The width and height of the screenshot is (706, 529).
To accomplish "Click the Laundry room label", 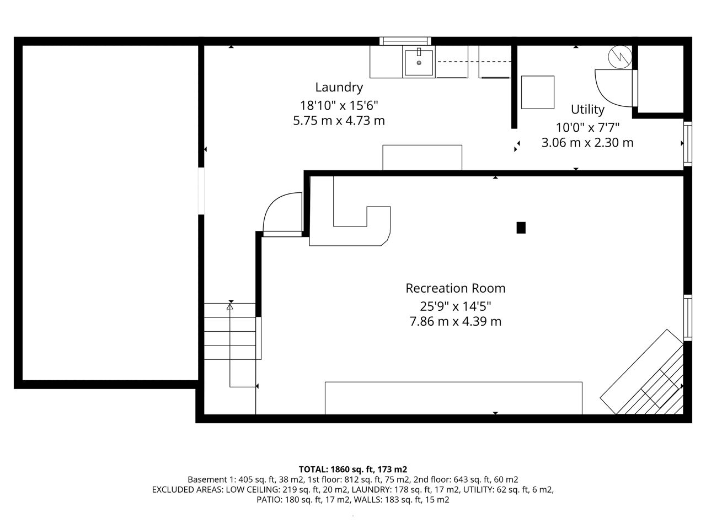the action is coord(339,88).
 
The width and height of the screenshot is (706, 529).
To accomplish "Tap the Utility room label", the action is coord(587,110).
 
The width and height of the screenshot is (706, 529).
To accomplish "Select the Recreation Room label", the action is coord(456,288).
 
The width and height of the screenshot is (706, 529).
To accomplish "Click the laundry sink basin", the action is coord(419,63).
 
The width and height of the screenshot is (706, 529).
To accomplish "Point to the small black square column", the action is coord(521,228).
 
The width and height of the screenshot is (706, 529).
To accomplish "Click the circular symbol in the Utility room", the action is coord(620,57).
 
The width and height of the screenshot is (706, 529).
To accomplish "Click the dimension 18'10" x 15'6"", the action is coord(339,105).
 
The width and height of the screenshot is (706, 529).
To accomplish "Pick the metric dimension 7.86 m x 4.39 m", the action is coord(456,321).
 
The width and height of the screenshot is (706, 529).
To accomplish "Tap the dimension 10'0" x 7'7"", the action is coord(587,127).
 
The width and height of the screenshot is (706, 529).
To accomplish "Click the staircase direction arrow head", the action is coord(229,307).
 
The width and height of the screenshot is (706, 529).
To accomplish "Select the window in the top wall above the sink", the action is coord(405,41).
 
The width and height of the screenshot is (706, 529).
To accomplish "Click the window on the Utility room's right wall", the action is coord(688,144).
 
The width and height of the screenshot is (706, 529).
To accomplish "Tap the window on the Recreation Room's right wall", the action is coord(688,318).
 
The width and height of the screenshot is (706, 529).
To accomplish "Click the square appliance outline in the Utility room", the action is coord(538,92).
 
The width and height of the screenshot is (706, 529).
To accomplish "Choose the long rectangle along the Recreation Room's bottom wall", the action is coord(453,398).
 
